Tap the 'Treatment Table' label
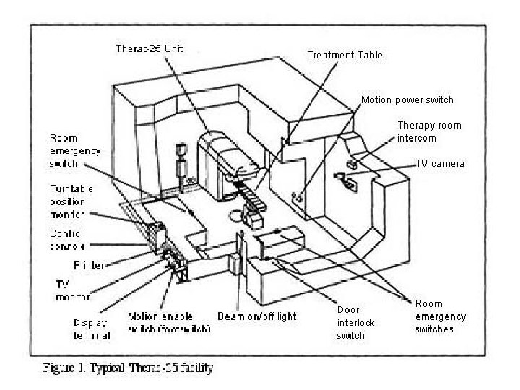click(345, 55)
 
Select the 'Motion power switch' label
click(407, 100)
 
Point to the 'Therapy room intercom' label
click(428, 131)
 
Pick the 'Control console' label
click(67, 240)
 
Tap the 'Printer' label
click(89, 265)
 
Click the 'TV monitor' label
click(72, 290)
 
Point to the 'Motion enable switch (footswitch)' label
click(169, 323)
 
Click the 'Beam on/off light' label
click(257, 316)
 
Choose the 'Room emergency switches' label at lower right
click(440, 316)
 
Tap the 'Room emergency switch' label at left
click(74, 150)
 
